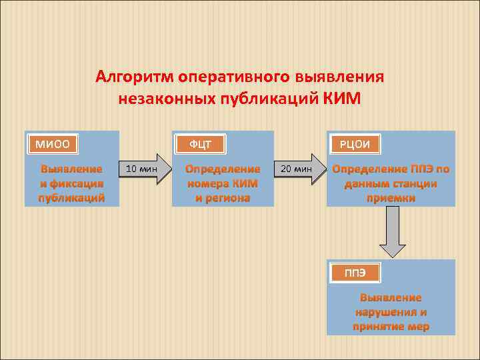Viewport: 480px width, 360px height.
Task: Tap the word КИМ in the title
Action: tap(341, 99)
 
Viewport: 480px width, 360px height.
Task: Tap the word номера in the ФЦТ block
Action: tap(208, 183)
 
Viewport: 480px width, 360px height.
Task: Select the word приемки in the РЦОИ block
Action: tap(391, 197)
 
